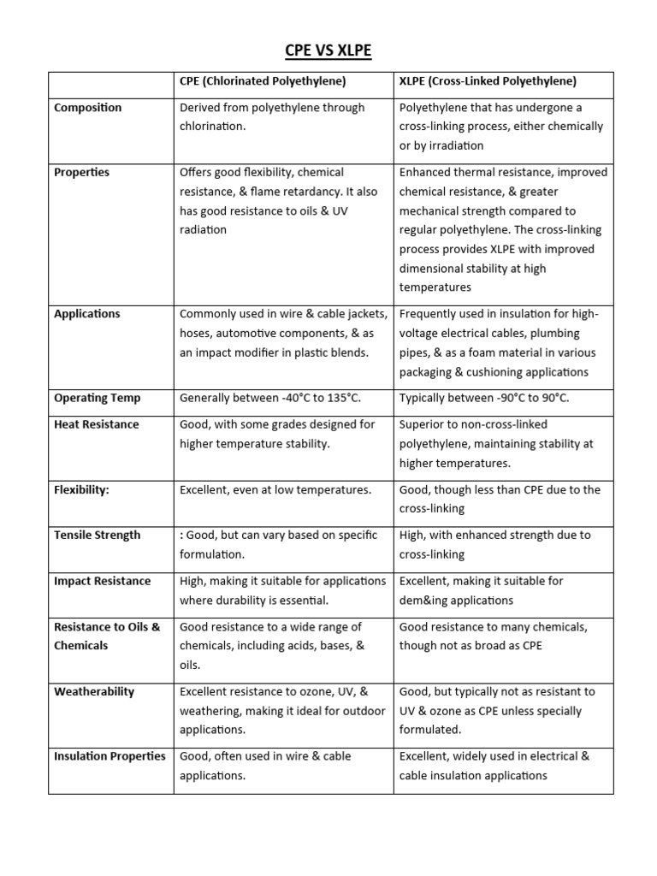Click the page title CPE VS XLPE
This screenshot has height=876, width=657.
tap(328, 52)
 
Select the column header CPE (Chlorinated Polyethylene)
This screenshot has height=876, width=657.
tap(263, 81)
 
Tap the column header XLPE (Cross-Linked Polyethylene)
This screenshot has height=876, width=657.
tap(488, 81)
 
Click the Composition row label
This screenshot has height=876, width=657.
tap(87, 108)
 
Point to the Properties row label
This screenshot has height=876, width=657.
tap(81, 172)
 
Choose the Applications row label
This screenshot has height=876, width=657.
tap(86, 314)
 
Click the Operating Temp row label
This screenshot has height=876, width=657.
tap(97, 398)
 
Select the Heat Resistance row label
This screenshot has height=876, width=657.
tap(96, 424)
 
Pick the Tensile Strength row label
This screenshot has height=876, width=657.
tap(97, 536)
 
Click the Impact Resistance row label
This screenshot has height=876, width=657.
tap(102, 582)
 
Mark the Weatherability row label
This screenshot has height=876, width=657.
tap(93, 692)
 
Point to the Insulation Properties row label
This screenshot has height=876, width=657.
tap(109, 756)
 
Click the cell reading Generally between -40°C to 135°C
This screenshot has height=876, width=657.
tap(269, 398)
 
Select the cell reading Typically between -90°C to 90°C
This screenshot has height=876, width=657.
tap(484, 398)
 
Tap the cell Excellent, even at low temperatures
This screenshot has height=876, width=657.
tap(275, 490)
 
